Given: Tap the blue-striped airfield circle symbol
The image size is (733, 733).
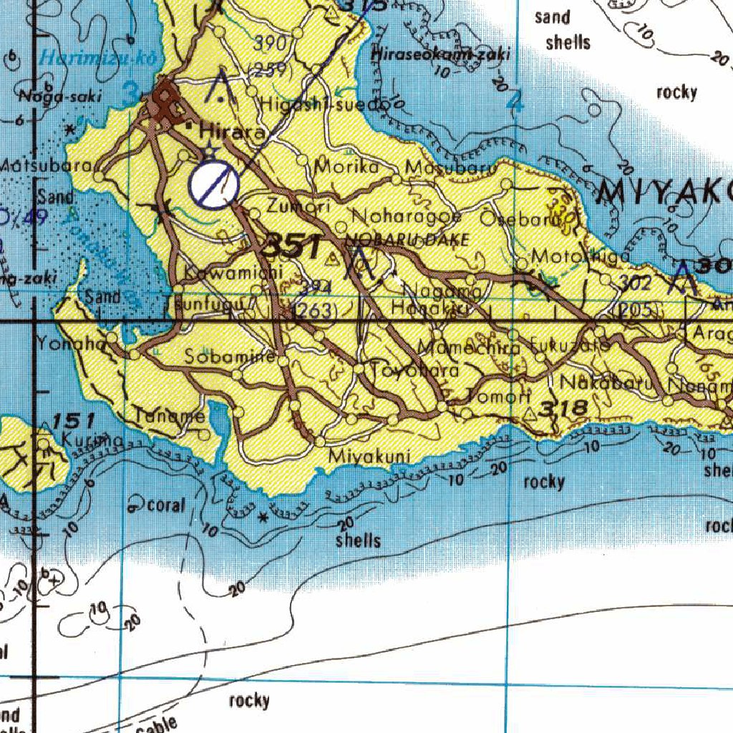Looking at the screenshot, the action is click(213, 185).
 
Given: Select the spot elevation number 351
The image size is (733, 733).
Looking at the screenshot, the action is click(291, 248).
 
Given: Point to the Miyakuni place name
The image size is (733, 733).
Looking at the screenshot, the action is click(369, 456).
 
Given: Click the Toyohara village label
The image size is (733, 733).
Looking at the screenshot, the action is click(414, 371).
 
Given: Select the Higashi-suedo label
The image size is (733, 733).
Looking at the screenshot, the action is click(326, 105).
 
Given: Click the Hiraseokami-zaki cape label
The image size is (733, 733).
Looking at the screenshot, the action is click(440, 54).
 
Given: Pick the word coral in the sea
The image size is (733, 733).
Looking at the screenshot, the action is click(166, 505).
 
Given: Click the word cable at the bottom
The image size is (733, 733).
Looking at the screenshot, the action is click(156, 725).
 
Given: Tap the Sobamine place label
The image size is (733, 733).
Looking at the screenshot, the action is click(230, 356).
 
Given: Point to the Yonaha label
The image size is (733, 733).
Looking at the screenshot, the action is click(72, 343).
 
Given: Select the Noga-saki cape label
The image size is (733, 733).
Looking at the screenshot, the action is click(51, 97).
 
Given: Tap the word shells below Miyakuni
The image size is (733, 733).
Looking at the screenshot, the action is click(358, 540).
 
